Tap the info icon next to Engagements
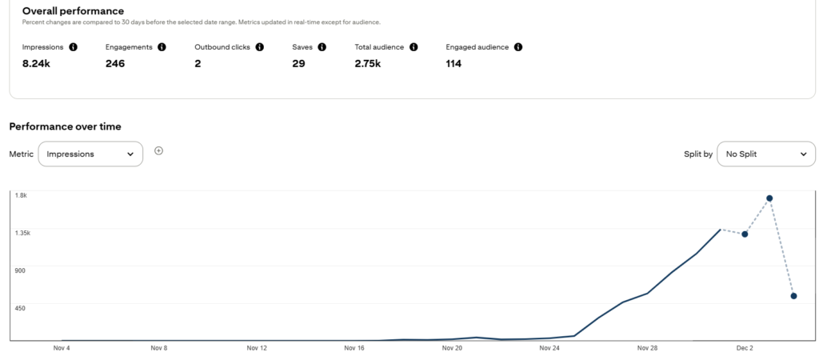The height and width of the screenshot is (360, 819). pos(162,47)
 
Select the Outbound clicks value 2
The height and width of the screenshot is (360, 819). pos(198,64)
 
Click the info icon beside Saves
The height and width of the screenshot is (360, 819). pos(322,47)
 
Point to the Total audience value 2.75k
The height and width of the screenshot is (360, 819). pos(368,64)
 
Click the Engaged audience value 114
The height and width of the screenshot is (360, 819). pos(453,64)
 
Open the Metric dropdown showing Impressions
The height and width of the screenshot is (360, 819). pos(90,154)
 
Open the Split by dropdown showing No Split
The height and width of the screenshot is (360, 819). pos(765,154)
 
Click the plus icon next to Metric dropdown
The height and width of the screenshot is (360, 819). pos(158,150)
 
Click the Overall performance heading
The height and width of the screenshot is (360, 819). pos(73,11)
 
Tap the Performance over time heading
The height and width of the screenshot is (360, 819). pos(65,126)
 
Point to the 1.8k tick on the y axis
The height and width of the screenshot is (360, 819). pos(21,195)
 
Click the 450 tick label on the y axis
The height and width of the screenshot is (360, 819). pos(20,307)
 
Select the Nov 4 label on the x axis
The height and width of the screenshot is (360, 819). pos(62,349)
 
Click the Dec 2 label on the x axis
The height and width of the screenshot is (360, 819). pos(745,349)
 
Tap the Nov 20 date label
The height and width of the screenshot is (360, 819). pos(452,349)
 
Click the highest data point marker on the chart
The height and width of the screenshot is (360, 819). pos(769,198)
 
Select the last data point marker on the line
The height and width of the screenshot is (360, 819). pos(793,296)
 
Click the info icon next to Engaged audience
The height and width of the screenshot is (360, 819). pos(518,47)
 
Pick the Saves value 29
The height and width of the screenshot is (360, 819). pos(298,64)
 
